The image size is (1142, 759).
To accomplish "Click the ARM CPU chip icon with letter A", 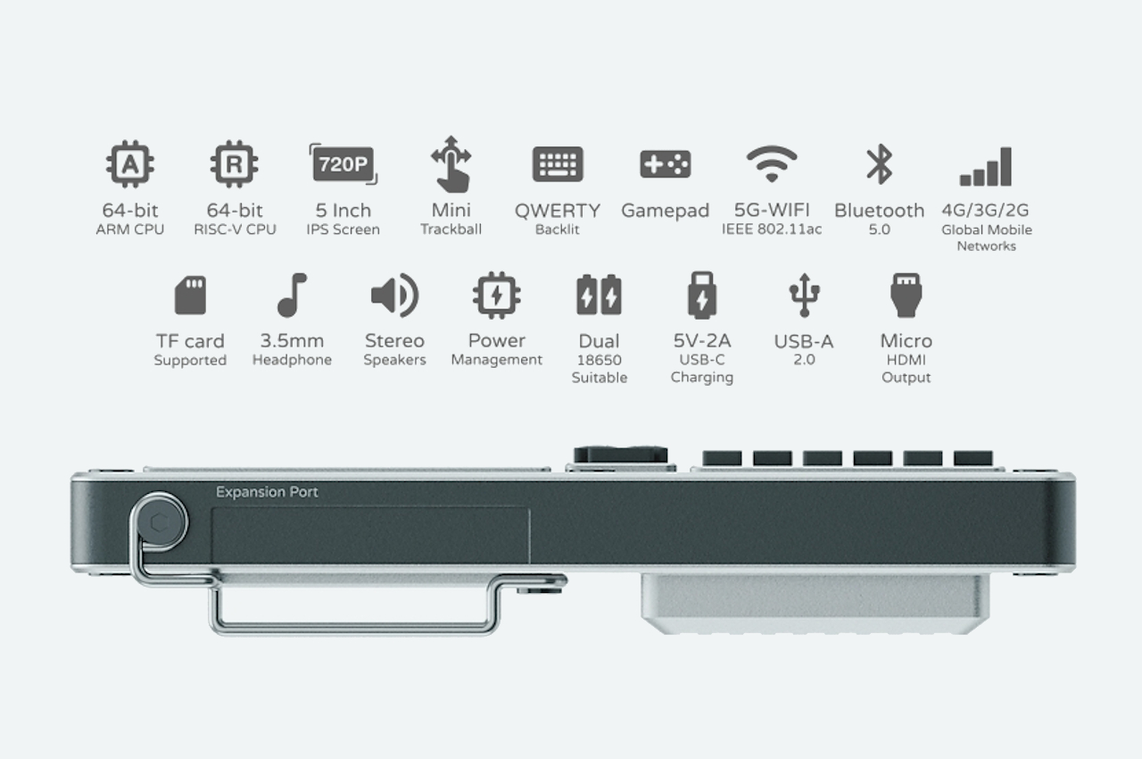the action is click(130, 163).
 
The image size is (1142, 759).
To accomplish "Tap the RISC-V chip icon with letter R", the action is click(234, 163).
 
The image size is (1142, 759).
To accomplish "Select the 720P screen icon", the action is click(343, 164).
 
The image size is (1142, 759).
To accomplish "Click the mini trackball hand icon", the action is click(451, 164).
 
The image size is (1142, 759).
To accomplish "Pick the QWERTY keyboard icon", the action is click(558, 164).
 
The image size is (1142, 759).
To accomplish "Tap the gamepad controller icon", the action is click(666, 164).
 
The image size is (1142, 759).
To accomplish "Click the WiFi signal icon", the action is click(772, 163).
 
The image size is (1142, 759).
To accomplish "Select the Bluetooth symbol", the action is click(880, 164).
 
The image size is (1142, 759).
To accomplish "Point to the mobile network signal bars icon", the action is click(986, 167).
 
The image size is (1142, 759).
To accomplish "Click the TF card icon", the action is click(190, 296).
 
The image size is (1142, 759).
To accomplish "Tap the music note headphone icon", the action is click(292, 296).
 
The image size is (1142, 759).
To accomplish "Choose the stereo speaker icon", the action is click(394, 296).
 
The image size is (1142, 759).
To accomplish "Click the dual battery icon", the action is click(599, 295).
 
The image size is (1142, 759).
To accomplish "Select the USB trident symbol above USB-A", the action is click(804, 296).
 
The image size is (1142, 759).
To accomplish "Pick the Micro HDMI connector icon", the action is click(906, 296).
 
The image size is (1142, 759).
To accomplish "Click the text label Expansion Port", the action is click(267, 492).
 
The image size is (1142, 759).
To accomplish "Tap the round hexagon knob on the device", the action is click(160, 522).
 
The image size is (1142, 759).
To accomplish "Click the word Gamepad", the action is click(666, 211).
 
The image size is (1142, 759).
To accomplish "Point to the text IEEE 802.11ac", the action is click(772, 229).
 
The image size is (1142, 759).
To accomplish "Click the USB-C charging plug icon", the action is click(702, 296).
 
